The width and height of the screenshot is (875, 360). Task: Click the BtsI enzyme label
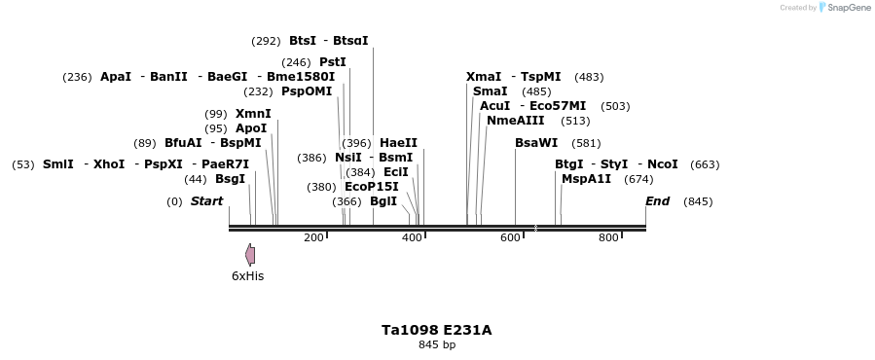click(x=303, y=41)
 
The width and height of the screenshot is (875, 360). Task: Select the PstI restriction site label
click(x=332, y=62)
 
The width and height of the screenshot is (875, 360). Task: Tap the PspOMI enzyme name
click(x=307, y=91)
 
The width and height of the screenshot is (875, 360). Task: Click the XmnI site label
click(x=253, y=114)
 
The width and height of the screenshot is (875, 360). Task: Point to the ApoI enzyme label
click(x=251, y=128)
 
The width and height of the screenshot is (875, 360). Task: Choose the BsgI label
click(x=230, y=179)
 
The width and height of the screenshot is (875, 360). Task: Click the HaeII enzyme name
click(x=398, y=143)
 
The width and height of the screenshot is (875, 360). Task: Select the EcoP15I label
click(x=372, y=187)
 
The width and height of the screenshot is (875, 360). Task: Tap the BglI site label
click(x=383, y=201)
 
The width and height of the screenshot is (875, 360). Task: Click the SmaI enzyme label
click(x=490, y=91)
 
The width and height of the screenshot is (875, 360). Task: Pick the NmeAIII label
click(x=516, y=121)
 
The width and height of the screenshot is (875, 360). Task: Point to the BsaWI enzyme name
click(x=536, y=143)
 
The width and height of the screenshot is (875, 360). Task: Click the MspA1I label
click(x=586, y=179)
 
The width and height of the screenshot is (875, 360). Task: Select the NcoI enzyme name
click(x=662, y=164)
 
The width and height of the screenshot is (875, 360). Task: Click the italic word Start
click(x=206, y=201)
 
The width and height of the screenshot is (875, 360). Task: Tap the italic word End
click(x=657, y=201)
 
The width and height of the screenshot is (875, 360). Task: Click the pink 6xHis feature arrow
click(x=250, y=255)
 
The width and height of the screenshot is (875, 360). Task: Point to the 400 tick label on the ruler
click(x=413, y=237)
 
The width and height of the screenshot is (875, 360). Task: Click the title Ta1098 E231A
click(x=437, y=330)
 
